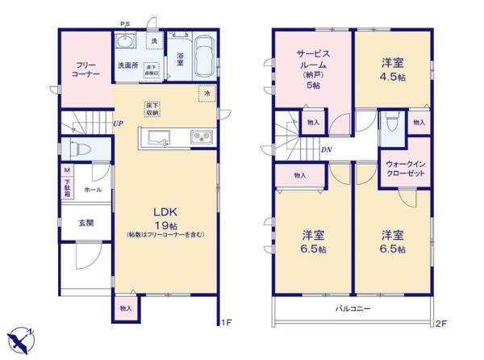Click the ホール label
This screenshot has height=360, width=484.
(x=93, y=189)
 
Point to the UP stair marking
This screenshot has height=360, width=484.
(x=119, y=123)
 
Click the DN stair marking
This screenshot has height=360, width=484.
(x=325, y=149)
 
